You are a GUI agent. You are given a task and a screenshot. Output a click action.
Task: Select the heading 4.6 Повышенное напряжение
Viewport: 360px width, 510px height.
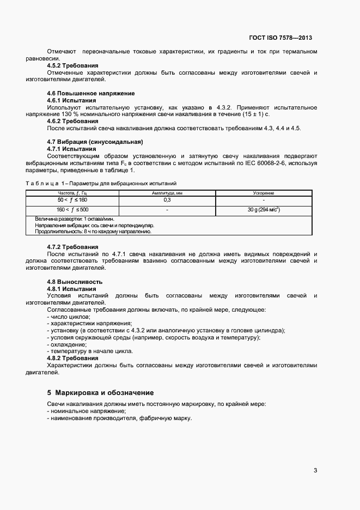pyautogui.click(x=91, y=94)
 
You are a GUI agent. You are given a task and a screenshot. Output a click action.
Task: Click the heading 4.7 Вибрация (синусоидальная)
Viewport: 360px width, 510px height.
pyautogui.click(x=95, y=142)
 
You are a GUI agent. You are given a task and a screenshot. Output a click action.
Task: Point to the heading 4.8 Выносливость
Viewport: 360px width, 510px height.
pyautogui.click(x=75, y=282)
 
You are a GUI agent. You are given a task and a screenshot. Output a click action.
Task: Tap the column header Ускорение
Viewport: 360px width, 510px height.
pyautogui.click(x=264, y=193)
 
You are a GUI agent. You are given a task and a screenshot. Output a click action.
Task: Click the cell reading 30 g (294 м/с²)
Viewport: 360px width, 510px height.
pyautogui.click(x=264, y=209)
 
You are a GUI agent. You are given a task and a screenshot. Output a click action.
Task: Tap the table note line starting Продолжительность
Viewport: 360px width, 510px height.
pyautogui.click(x=93, y=231)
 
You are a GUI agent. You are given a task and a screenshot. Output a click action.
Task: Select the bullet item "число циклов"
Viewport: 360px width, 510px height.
pyautogui.click(x=70, y=317)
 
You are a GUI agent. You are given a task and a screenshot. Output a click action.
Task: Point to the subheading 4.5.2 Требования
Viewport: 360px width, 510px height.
pyautogui.click(x=72, y=65)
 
